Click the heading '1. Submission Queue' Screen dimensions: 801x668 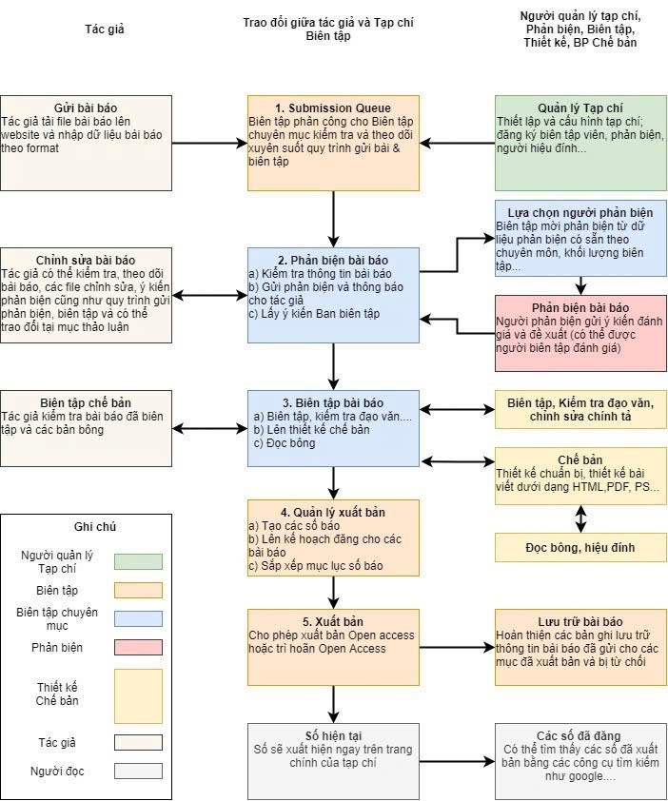pyautogui.click(x=333, y=107)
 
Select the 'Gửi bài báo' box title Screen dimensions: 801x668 pyautogui.click(x=86, y=107)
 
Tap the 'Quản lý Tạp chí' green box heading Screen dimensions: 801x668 pyautogui.click(x=580, y=107)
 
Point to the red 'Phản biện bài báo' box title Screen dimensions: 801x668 pyautogui.click(x=580, y=307)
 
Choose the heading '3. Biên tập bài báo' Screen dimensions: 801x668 pyautogui.click(x=333, y=401)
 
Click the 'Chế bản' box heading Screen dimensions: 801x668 pyautogui.click(x=580, y=459)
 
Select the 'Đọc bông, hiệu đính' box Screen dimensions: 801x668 pyautogui.click(x=580, y=546)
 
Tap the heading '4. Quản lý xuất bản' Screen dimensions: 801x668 pyautogui.click(x=333, y=512)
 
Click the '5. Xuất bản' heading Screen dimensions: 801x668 pyautogui.click(x=333, y=620)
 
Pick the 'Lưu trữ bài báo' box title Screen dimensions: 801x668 pyautogui.click(x=580, y=620)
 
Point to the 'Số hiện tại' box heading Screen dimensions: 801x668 pyautogui.click(x=333, y=735)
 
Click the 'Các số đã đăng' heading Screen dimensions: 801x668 pyautogui.click(x=580, y=735)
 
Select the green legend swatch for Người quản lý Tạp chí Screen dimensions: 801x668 pyautogui.click(x=138, y=561)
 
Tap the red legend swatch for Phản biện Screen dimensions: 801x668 pyautogui.click(x=138, y=648)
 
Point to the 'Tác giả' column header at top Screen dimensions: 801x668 pyautogui.click(x=105, y=29)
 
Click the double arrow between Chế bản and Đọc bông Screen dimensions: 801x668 pyautogui.click(x=580, y=518)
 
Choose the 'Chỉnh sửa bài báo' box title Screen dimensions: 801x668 pyautogui.click(x=86, y=260)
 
